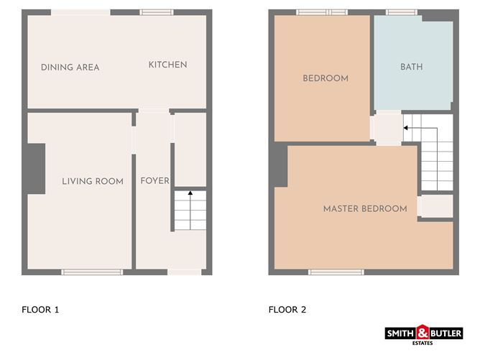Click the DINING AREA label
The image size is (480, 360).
coord(70,68)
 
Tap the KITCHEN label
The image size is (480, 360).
coord(167,65)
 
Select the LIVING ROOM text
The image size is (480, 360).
coord(93,181)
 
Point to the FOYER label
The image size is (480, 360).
coord(154,180)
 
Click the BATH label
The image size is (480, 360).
coord(412,67)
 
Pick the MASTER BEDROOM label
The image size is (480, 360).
coord(365,209)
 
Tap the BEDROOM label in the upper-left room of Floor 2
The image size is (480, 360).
coord(326,78)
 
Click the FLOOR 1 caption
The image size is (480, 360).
coord(40,310)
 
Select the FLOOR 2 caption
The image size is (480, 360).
coord(287,310)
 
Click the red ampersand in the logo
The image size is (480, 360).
coord(423,332)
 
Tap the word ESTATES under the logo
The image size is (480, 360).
coord(423,343)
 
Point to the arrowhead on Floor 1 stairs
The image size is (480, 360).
coord(190,193)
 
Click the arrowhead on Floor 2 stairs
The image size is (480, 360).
coord(405,128)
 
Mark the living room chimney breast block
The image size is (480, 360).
coord(35,169)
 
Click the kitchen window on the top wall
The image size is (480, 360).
coord(157,12)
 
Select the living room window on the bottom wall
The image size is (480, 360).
coord(92,272)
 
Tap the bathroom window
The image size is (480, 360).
coord(402,12)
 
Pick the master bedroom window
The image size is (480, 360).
coord(336,272)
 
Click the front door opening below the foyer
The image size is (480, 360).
coord(184,272)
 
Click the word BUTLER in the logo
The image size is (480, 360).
coord(446,333)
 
